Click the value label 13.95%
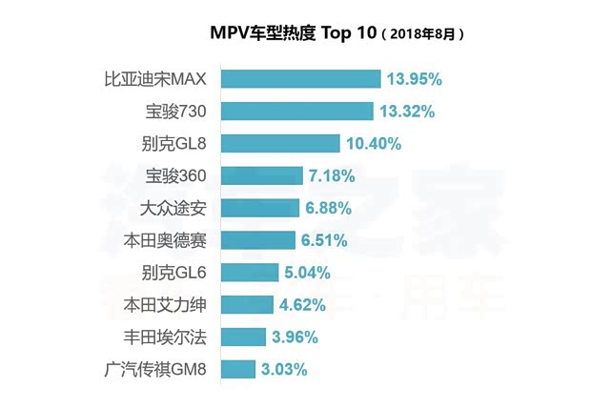point(416,79)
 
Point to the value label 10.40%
point(375,144)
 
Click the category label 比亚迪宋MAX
point(162,79)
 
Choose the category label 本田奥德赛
point(172,240)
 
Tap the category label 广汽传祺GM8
point(159,370)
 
